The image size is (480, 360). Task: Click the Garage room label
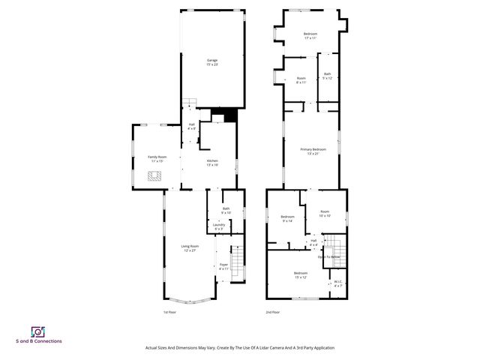pyautogui.click(x=212, y=62)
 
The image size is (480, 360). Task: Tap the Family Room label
pyautogui.click(x=157, y=158)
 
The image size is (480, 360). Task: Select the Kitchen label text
pyautogui.click(x=212, y=163)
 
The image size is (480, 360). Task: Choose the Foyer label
pyautogui.click(x=223, y=266)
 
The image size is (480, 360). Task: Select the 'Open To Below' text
pyautogui.click(x=329, y=257)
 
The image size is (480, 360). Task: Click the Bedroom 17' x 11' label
pyautogui.click(x=310, y=35)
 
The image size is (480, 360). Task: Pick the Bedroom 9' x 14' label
pyautogui.click(x=287, y=218)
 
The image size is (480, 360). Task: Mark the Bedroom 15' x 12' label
pyautogui.click(x=301, y=274)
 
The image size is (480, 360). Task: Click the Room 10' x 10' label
pyautogui.click(x=324, y=214)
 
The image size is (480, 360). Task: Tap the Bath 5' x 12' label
pyautogui.click(x=327, y=76)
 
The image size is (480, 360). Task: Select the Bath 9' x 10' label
pyautogui.click(x=226, y=210)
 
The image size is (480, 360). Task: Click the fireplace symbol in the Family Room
pyautogui.click(x=154, y=177)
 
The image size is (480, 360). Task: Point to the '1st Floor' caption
pyautogui.click(x=170, y=312)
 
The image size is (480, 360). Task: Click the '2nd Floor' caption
pyautogui.click(x=272, y=312)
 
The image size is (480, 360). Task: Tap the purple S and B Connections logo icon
pyautogui.click(x=37, y=331)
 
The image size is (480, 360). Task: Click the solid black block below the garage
pyautogui.click(x=224, y=115)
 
